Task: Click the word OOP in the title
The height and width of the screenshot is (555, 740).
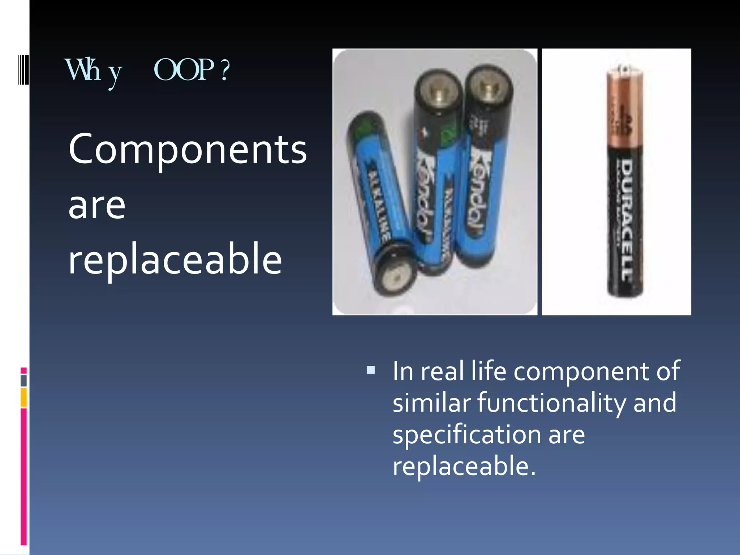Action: pyautogui.click(x=184, y=70)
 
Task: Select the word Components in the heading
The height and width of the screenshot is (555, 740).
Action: pyautogui.click(x=188, y=149)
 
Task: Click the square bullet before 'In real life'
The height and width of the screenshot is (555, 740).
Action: pyautogui.click(x=370, y=370)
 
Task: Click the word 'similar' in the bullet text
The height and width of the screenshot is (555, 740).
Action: pyautogui.click(x=432, y=403)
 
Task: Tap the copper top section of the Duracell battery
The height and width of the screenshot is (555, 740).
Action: pyautogui.click(x=624, y=108)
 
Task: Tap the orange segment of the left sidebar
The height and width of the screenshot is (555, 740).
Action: pyautogui.click(x=23, y=397)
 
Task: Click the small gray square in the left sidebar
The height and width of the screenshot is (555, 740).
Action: pyautogui.click(x=23, y=380)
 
